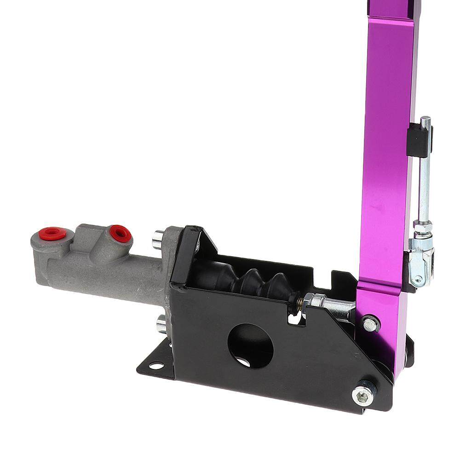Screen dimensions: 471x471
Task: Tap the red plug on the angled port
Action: click(121, 233)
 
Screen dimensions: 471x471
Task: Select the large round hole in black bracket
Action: click(251, 346)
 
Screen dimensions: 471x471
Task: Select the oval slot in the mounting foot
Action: click(156, 366)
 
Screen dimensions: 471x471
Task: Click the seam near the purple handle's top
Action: click(391, 18)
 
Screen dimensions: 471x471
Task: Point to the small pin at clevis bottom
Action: click(416, 279)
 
